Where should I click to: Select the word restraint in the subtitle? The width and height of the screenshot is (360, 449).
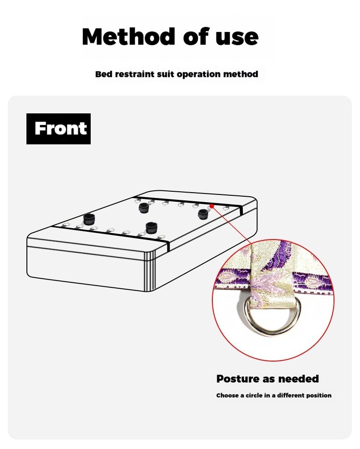point(135,74)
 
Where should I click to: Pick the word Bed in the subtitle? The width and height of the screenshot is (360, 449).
point(103,74)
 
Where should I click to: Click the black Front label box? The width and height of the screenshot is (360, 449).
point(58,129)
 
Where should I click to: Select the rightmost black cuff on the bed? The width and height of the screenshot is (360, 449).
point(203,214)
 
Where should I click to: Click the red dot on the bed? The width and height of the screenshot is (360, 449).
point(212,206)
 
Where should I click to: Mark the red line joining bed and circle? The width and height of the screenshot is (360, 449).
point(232,224)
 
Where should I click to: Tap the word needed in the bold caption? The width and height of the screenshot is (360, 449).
point(299,379)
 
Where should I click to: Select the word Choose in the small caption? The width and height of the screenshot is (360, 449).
point(227,395)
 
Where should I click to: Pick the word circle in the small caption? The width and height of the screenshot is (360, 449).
point(258,395)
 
